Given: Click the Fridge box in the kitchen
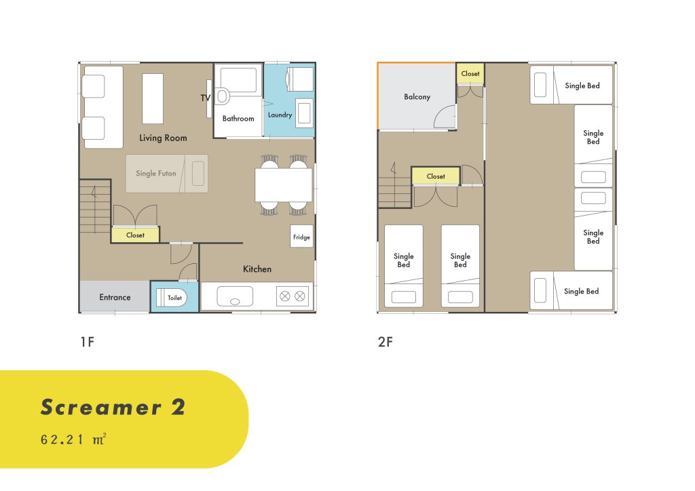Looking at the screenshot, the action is tap(301, 237).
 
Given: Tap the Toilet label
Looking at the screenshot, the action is tap(174, 298).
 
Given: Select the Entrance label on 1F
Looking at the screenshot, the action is tap(115, 297).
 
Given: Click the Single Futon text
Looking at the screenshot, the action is tap(155, 173).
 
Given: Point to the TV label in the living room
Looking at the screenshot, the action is tap(205, 98).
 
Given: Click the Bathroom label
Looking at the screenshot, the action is tap(238, 118).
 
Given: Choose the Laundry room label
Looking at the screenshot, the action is tap(280, 115).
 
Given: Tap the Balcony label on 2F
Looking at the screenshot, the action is tap(417, 96).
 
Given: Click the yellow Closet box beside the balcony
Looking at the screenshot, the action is tap(470, 74).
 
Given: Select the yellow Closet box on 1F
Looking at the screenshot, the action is tap(135, 235).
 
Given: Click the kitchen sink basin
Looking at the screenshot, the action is tap(235, 296).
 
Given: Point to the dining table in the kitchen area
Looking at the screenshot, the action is tap(284, 185).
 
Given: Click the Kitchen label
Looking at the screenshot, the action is tap(257, 269).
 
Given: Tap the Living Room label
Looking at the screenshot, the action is tap(163, 138).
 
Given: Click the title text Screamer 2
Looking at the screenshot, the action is tap(113, 407).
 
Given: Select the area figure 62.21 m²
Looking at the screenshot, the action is tap(73, 439).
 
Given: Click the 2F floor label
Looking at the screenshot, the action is tap(386, 342).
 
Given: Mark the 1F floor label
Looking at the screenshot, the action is tap(88, 342).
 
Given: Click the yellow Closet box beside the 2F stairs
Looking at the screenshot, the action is tap(436, 176).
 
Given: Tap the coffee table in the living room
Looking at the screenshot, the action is tap(153, 99).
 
